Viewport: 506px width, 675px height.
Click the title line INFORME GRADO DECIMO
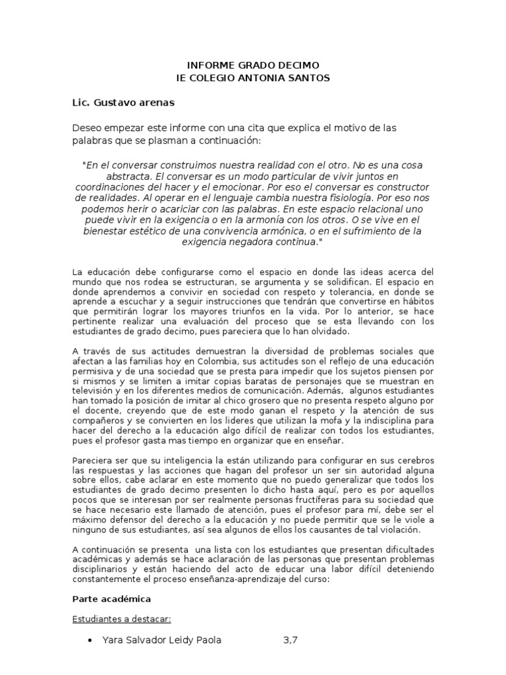tap(253, 65)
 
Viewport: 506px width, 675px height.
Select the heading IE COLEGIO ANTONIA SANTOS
tap(253, 78)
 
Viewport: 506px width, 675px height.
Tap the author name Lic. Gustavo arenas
tap(123, 103)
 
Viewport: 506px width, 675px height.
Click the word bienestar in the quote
tap(106, 231)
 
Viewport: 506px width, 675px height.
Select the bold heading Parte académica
tap(111, 599)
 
